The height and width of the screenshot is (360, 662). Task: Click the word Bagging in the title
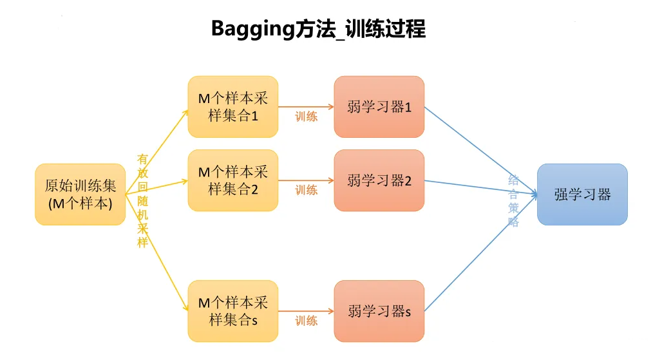249,29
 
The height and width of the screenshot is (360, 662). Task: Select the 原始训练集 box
80,194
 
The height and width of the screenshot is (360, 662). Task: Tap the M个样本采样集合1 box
232,107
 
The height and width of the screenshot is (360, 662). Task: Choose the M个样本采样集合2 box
232,180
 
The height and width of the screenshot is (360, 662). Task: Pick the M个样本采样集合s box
232,311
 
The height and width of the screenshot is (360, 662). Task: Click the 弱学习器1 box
379,107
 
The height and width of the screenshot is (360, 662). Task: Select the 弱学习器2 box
379,180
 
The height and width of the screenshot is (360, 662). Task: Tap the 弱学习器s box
379,312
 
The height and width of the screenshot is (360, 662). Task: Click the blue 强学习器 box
582,194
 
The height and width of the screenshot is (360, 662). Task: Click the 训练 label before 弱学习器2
307,190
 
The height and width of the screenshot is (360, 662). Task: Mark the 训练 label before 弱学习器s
307,321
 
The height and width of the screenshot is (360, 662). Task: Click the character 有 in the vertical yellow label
143,158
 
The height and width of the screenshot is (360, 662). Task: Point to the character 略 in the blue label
513,222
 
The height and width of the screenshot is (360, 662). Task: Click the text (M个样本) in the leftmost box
80,203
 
